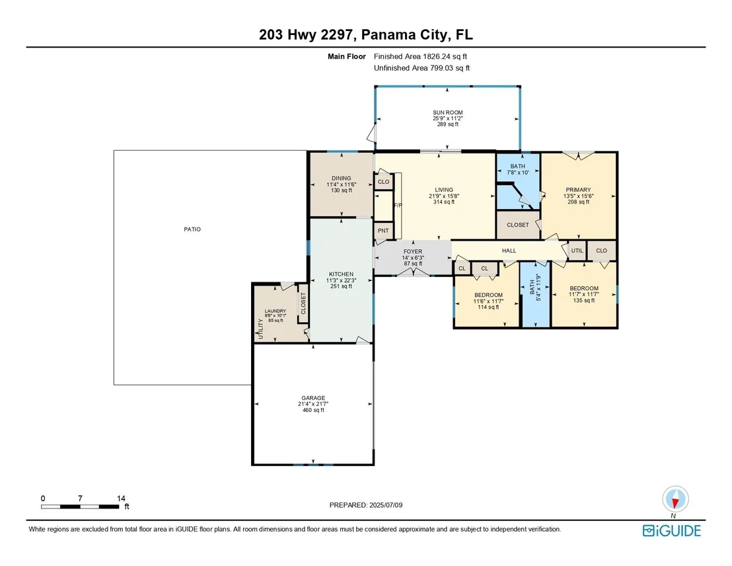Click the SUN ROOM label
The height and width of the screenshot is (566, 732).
pos(447,112)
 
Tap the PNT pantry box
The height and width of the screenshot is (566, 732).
pos(383,231)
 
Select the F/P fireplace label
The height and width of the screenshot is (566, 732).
pos(398,205)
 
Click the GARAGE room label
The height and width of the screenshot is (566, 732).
pos(312,398)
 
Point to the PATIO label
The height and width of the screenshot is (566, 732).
pos(192,229)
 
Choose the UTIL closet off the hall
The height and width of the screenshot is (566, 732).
pos(577,251)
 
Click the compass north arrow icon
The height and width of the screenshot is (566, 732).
pos(675,499)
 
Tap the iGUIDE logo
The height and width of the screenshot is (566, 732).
pos(672,530)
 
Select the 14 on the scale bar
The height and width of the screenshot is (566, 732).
pos(121,499)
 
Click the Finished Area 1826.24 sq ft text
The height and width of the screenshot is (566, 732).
pos(420,57)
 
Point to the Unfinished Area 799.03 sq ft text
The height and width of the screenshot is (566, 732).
pos(421,67)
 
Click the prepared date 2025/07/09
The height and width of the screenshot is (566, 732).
pos(386,505)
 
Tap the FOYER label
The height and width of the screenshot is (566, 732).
pos(413,251)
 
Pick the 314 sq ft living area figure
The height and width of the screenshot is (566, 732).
pos(443,202)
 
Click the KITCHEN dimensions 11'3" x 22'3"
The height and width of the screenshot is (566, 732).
pos(341,280)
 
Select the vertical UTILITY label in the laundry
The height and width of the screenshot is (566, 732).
pos(260,329)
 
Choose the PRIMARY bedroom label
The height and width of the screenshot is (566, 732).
pos(578,190)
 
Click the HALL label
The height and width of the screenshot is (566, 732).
pos(509,251)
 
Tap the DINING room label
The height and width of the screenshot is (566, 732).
pos(342,178)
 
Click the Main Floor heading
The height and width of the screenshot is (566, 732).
pos(346,57)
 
